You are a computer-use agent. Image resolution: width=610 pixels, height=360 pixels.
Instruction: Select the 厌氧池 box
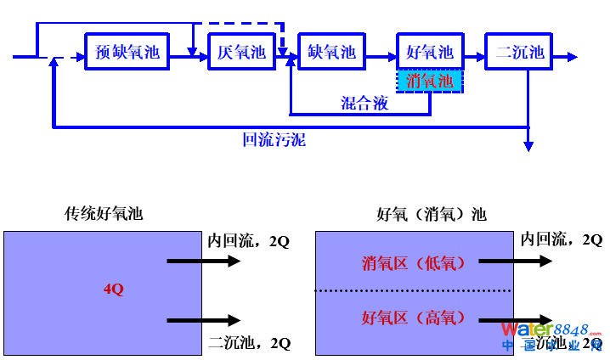(241, 52)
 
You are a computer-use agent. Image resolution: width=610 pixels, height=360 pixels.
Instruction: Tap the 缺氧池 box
(331, 52)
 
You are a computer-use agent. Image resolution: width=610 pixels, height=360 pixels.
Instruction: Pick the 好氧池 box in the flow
(430, 52)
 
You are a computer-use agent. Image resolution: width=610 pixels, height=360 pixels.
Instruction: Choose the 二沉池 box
(519, 52)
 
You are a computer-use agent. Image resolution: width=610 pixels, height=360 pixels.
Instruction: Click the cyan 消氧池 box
(430, 81)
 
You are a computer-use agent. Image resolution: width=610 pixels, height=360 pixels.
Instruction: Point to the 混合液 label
(365, 103)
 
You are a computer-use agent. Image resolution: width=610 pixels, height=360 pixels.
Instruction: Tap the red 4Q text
(113, 290)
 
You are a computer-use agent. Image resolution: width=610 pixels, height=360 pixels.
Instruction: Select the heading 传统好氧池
(104, 214)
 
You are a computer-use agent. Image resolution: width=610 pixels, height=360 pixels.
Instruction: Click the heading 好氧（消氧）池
(432, 214)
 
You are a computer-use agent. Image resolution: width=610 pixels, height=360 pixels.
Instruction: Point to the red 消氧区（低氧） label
(414, 263)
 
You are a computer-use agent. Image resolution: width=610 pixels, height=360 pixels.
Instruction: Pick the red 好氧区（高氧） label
(414, 318)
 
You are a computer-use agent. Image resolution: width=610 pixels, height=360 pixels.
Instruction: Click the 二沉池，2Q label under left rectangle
(249, 343)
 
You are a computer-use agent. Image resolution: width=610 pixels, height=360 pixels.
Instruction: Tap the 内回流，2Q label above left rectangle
(249, 240)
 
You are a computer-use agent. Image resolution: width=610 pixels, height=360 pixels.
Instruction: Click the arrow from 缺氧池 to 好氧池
(380, 57)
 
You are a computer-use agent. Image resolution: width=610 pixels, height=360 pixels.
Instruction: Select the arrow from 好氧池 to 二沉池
(474, 57)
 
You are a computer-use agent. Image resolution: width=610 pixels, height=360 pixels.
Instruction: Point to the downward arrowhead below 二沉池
(528, 146)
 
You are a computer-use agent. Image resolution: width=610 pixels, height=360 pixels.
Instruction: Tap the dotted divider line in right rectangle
(414, 291)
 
